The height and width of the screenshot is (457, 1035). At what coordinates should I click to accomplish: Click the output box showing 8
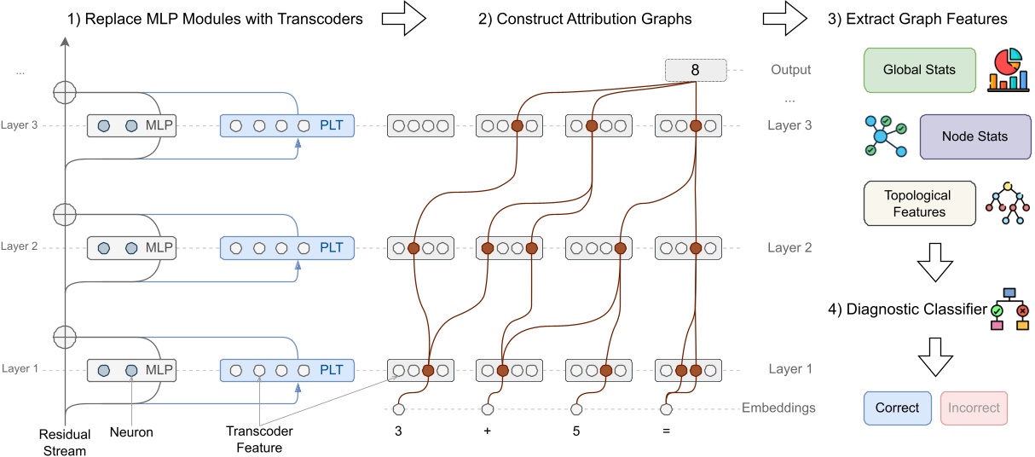click(x=695, y=70)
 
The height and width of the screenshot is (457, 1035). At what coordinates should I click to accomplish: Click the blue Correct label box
click(x=898, y=408)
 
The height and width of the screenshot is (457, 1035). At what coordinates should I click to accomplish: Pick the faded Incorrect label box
click(x=974, y=408)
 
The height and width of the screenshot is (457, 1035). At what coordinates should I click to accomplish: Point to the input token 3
click(x=398, y=431)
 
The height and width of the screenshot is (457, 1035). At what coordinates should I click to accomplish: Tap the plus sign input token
click(x=488, y=431)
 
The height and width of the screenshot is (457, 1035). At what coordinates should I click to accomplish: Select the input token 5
click(x=577, y=431)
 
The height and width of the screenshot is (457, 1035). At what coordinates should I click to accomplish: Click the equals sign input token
click(x=666, y=431)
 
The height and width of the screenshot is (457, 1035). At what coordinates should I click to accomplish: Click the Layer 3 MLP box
click(x=136, y=126)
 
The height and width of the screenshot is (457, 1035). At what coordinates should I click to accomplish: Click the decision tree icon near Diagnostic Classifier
click(x=1010, y=309)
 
